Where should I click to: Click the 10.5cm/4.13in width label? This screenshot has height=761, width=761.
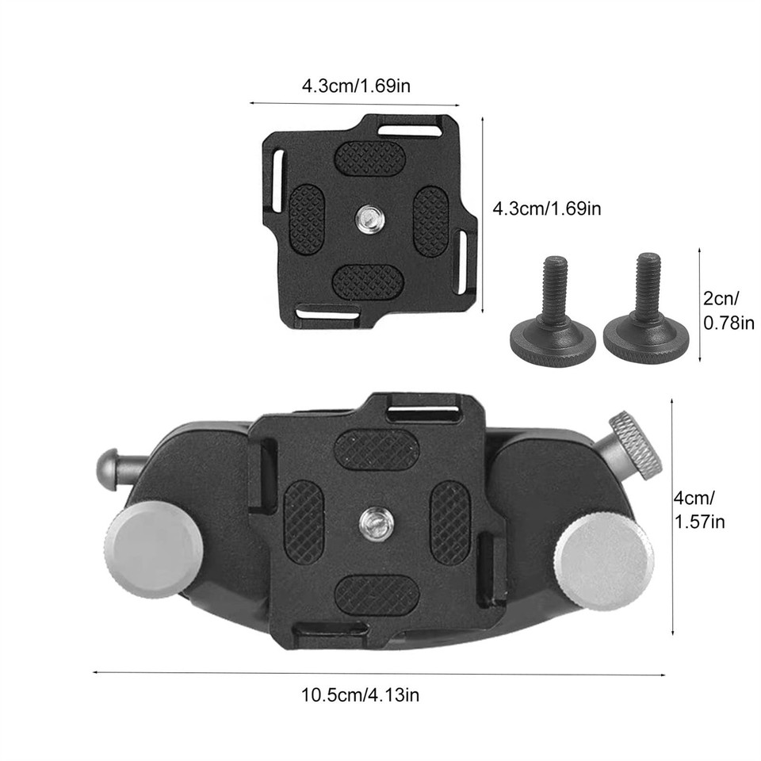point(360,696)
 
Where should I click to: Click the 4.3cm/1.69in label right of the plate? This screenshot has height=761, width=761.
point(547,209)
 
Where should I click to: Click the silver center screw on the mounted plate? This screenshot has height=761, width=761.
point(372,520)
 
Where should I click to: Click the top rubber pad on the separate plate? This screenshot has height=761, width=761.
point(369,158)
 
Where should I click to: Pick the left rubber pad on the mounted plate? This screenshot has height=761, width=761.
point(304,522)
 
